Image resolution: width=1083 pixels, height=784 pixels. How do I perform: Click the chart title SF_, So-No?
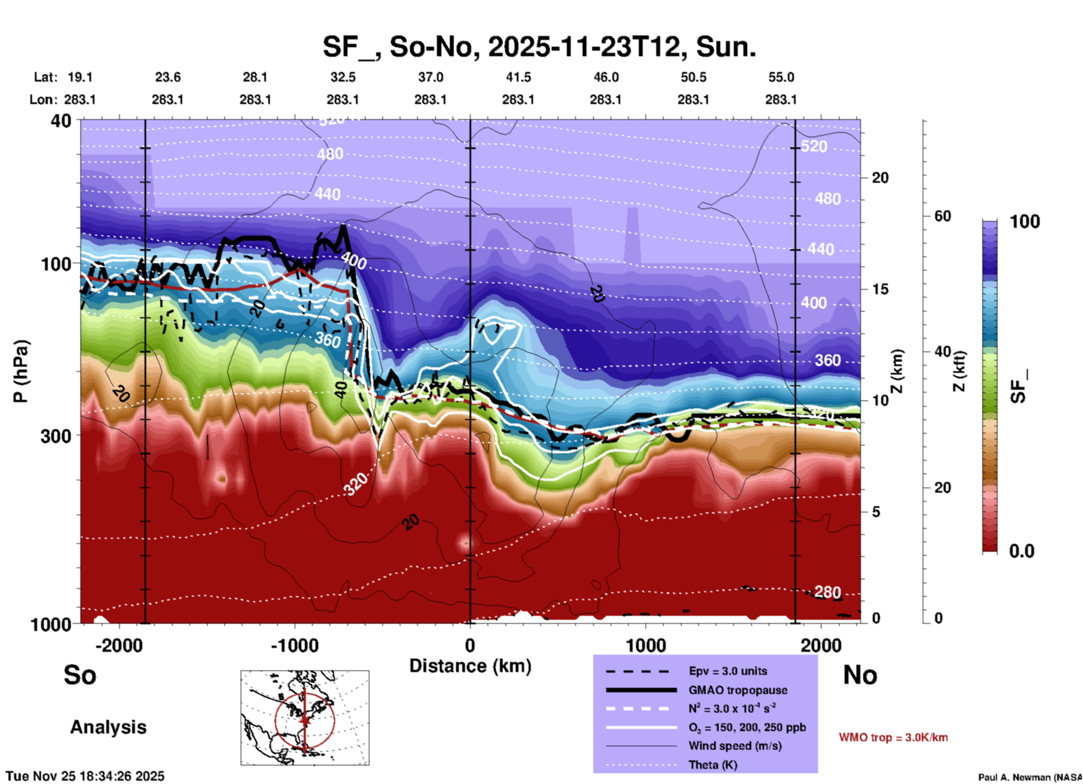pos(539,47)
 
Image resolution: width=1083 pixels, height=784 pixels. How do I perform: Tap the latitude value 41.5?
pos(518,77)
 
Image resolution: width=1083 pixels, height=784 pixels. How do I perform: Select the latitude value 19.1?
pos(80,77)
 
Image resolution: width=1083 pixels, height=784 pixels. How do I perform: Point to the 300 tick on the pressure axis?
pos(56,436)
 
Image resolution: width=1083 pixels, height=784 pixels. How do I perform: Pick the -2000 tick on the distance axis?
pos(119,646)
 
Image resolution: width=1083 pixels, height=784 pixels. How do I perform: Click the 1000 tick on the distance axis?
pos(646,646)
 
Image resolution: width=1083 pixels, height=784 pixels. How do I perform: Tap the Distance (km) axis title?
pos(470,666)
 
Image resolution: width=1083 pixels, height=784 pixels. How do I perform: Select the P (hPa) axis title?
pos(21,371)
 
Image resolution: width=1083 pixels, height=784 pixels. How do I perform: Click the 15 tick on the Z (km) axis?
pos(879,289)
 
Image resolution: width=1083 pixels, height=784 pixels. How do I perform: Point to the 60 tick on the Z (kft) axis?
pos(942,216)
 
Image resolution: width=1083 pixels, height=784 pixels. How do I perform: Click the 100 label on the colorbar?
pos(1025,222)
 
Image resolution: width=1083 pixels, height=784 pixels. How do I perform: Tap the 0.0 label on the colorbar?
pos(1022,551)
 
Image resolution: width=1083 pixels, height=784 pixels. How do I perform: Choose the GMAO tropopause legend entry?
pos(738,690)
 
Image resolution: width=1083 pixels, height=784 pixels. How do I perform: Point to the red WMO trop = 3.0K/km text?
pos(893,737)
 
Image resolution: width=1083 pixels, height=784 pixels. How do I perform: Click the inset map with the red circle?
pos(305,718)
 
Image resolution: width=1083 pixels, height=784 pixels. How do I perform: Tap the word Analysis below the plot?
pos(108,727)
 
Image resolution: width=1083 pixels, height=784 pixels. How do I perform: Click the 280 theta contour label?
pos(827,592)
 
